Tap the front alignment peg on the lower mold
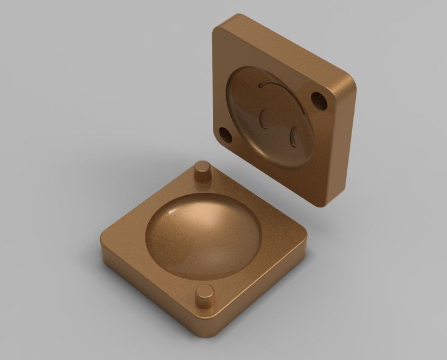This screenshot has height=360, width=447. point(205,295)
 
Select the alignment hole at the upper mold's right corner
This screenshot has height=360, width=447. point(319,99)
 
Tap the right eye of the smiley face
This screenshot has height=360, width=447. point(293,135)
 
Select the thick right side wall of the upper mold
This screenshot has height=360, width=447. point(342,146)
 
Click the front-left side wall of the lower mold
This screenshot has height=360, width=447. point(152,292)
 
